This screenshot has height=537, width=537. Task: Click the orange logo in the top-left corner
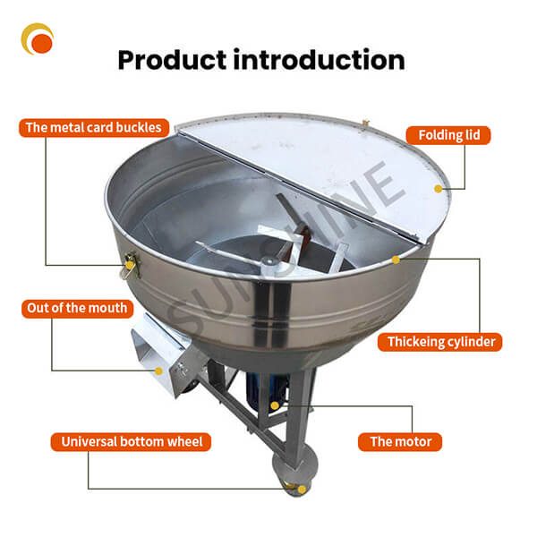point(38,38)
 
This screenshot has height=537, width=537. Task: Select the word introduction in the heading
point(320,60)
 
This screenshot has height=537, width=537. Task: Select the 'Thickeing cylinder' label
point(441,342)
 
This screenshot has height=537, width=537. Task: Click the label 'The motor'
point(401,441)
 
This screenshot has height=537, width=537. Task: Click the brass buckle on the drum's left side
point(131,262)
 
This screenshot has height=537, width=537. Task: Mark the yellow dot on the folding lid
point(438,189)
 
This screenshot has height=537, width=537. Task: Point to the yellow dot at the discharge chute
point(158,370)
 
